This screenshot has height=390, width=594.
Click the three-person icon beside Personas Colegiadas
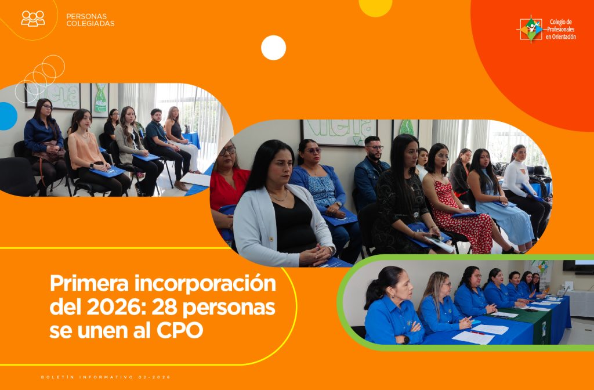(x=33, y=18)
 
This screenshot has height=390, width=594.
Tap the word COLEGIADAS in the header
(x=90, y=24)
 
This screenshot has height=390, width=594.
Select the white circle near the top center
(x=273, y=48)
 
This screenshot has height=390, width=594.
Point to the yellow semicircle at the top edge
(x=375, y=7)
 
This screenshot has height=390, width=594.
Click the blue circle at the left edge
(x=7, y=115)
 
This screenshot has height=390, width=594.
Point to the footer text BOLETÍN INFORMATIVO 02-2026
(x=106, y=377)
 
